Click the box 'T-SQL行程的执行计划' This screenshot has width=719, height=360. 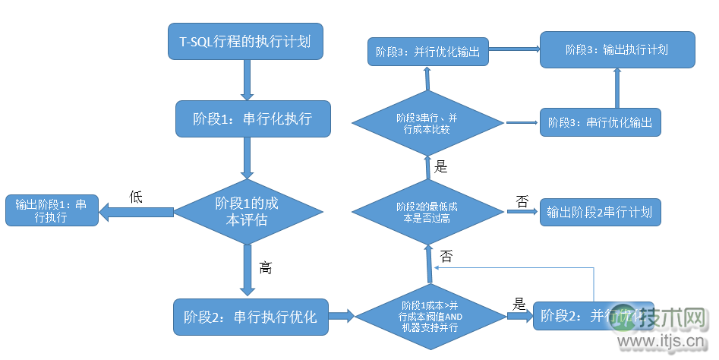coord(246,42)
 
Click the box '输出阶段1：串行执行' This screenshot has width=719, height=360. coord(52,210)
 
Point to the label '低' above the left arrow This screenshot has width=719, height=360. coord(137,197)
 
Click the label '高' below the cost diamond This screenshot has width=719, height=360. coord(265,267)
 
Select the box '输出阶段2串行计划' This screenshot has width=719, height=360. coord(600,212)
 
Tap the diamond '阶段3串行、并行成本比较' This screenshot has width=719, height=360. coord(427,122)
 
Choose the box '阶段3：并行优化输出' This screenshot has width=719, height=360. coord(428,52)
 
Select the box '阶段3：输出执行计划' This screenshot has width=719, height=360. coord(617,49)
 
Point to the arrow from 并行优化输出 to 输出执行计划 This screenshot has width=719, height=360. coord(514,51)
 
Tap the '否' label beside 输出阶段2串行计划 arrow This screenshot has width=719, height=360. coord(522,201)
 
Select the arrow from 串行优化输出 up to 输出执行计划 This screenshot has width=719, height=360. coord(617,89)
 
